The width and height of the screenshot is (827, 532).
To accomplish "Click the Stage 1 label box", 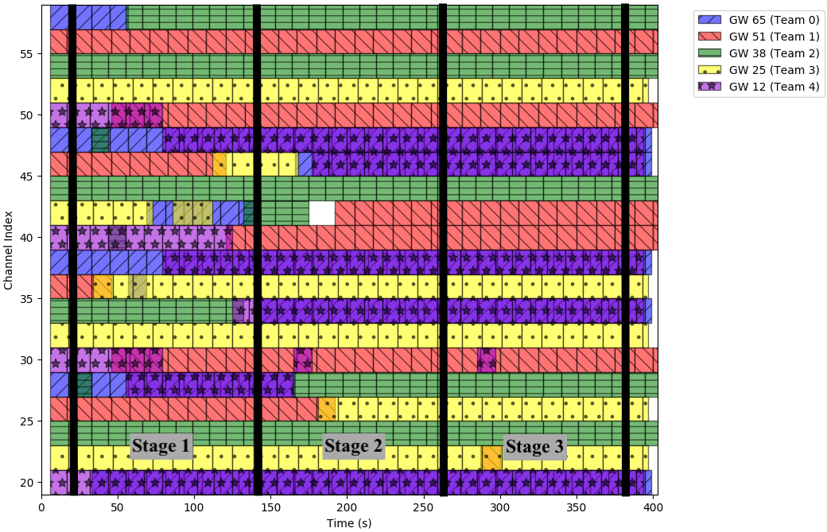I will pyautogui.click(x=161, y=446).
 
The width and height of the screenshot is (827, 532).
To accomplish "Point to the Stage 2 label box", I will pyautogui.click(x=354, y=446).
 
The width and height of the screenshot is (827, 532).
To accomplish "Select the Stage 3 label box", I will pyautogui.click(x=534, y=447).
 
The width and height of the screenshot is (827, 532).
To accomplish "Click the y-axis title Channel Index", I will pyautogui.click(x=9, y=249).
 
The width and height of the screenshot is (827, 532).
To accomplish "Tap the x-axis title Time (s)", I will pyautogui.click(x=349, y=522).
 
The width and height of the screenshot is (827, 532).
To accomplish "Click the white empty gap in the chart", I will pyautogui.click(x=322, y=213).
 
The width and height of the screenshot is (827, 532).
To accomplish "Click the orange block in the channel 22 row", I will pyautogui.click(x=492, y=458).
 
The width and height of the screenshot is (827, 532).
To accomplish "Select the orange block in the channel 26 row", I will pyautogui.click(x=327, y=409).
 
